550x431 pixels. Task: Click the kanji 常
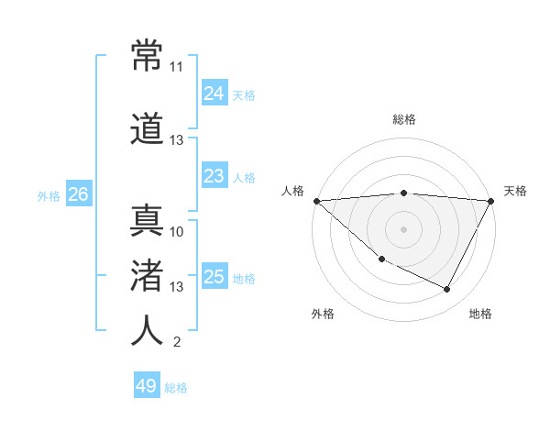click(x=148, y=56)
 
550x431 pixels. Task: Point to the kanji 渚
click(x=148, y=275)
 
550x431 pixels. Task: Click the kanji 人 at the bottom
click(x=148, y=331)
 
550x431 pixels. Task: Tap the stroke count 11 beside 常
click(x=177, y=67)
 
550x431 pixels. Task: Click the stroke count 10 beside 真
click(x=177, y=231)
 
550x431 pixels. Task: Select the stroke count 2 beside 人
click(x=177, y=343)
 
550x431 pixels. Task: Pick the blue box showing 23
click(x=214, y=175)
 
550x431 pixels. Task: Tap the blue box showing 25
click(x=214, y=276)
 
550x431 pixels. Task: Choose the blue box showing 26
click(x=78, y=194)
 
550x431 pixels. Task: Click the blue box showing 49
click(x=146, y=386)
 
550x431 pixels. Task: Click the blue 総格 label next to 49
click(x=176, y=388)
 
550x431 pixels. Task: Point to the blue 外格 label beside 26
click(x=49, y=196)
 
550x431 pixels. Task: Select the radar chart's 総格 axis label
click(x=404, y=119)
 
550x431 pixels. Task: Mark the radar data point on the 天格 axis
click(x=491, y=201)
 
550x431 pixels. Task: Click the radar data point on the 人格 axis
click(x=316, y=201)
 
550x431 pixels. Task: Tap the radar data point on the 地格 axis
click(x=447, y=290)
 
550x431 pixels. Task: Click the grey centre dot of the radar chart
click(x=403, y=228)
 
